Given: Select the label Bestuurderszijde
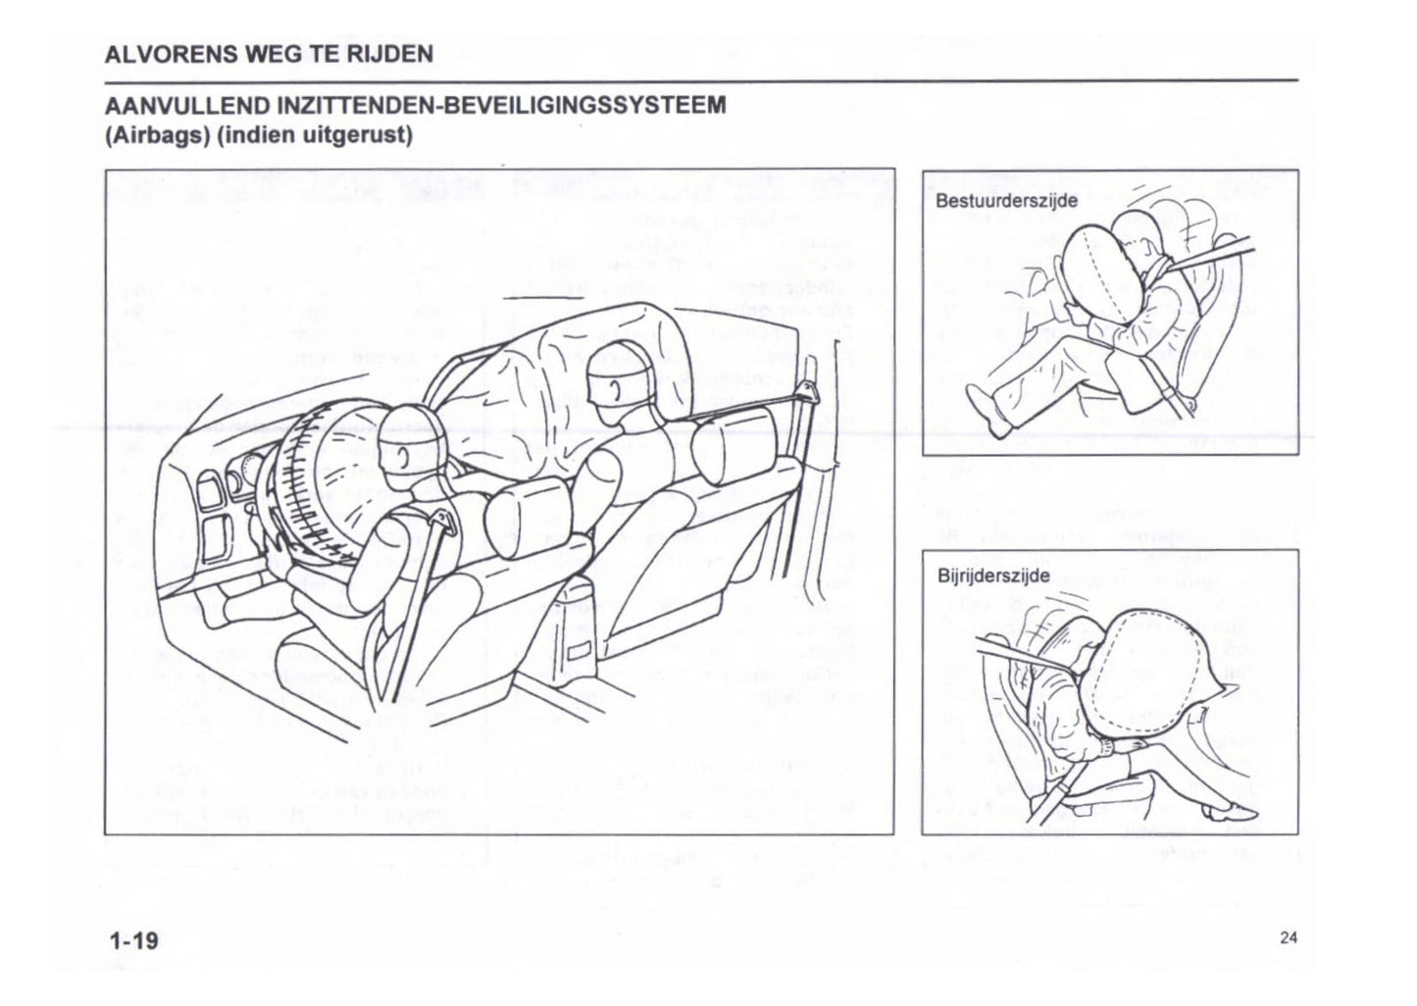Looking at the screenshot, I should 992,201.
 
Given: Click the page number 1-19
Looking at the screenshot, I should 133,941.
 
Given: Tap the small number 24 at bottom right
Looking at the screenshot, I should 1288,938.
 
